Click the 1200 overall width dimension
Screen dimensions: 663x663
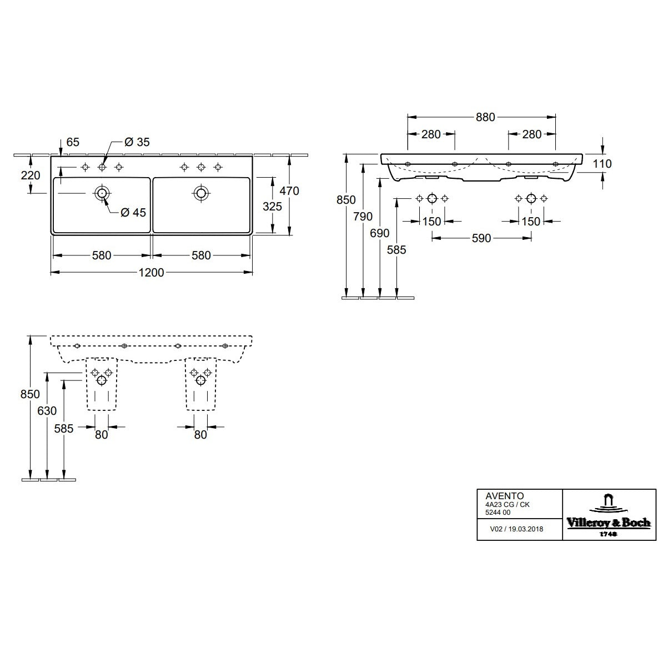point(152,272)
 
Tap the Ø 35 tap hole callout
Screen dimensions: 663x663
point(137,142)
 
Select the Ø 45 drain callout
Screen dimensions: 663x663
point(133,212)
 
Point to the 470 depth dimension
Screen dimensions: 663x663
point(289,190)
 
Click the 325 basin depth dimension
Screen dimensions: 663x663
point(272,207)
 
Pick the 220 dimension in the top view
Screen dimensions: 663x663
point(31,174)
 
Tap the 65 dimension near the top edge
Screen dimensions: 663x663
point(73,142)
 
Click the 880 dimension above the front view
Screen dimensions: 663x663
point(485,117)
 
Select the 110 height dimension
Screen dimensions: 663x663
point(602,164)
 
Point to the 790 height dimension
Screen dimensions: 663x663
point(363,217)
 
